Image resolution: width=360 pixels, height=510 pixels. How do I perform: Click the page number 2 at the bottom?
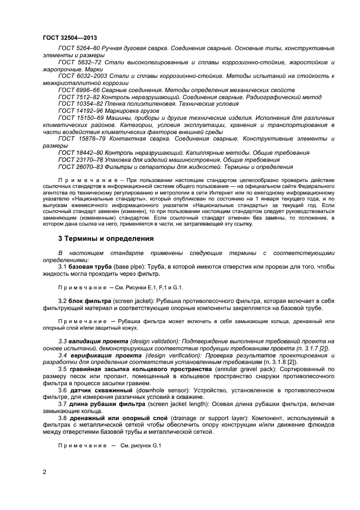click(x=44, y=472)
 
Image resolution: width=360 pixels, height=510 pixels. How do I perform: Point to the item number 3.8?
click(x=62, y=417)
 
